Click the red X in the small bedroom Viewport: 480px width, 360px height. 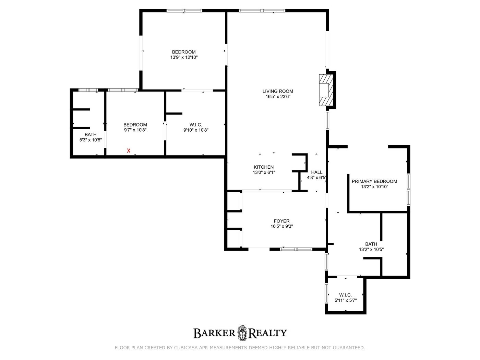[129, 151]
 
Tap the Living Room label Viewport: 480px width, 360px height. [278, 91]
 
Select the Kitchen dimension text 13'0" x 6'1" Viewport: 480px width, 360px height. [264, 172]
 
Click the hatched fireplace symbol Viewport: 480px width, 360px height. [326, 90]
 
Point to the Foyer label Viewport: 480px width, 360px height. [281, 221]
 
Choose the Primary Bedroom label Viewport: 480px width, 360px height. [374, 181]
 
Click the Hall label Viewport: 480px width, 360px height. [317, 172]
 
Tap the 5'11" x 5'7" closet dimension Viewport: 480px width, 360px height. [346, 300]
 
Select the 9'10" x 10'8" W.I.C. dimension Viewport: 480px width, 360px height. [196, 130]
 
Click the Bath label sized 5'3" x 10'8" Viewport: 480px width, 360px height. [91, 134]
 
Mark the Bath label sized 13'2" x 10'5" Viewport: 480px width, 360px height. [371, 244]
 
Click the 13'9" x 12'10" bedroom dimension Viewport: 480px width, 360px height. [184, 57]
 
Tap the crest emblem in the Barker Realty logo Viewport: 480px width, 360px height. [242, 333]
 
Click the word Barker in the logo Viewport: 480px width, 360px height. [214, 333]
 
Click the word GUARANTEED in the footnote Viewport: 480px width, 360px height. [351, 348]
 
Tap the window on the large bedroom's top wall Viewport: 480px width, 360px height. [184, 11]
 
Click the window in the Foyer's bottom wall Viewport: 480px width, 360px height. [296, 249]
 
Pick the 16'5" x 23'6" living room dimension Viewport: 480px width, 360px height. [278, 97]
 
